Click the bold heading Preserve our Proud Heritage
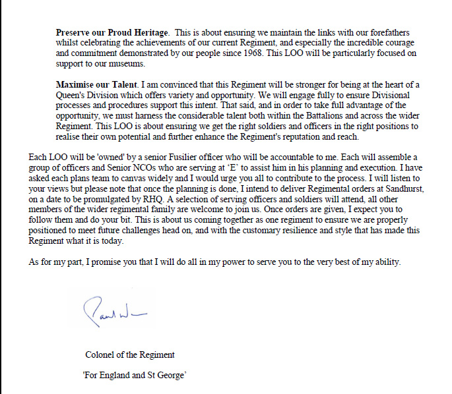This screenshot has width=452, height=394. [x=112, y=32]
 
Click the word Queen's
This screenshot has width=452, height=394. [x=72, y=95]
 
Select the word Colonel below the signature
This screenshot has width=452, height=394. [x=102, y=354]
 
